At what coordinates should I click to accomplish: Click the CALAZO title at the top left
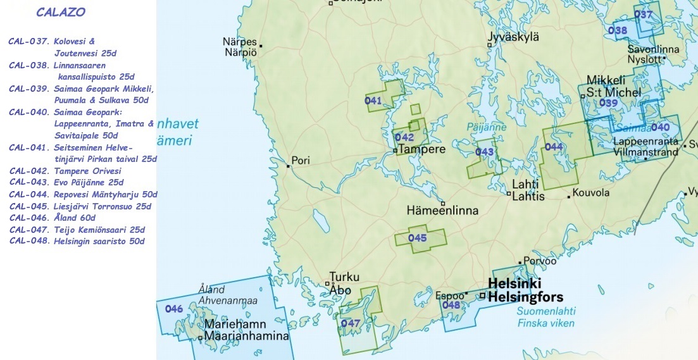click(x=61, y=12)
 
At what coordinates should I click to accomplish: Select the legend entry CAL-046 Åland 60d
click(x=53, y=218)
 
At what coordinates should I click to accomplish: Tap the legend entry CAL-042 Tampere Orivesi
click(x=65, y=171)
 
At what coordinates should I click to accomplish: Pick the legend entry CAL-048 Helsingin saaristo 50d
click(x=77, y=241)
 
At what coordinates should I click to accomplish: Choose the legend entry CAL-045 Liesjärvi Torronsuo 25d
click(x=80, y=206)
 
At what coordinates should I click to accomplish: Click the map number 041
click(x=373, y=101)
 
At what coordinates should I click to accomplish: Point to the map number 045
click(x=417, y=238)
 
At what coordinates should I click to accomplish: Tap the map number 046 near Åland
click(x=173, y=309)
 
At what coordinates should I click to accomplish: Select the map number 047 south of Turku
click(x=350, y=323)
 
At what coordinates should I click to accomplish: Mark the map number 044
click(x=554, y=147)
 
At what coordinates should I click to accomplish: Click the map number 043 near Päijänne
click(x=484, y=152)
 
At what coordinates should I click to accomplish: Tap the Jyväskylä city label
click(x=513, y=37)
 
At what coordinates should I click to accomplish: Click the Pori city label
click(x=300, y=161)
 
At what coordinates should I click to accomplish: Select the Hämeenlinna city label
click(x=442, y=210)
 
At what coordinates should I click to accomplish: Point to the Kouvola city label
click(x=590, y=193)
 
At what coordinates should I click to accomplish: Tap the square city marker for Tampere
click(x=395, y=151)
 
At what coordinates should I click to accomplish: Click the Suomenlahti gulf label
click(x=546, y=311)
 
